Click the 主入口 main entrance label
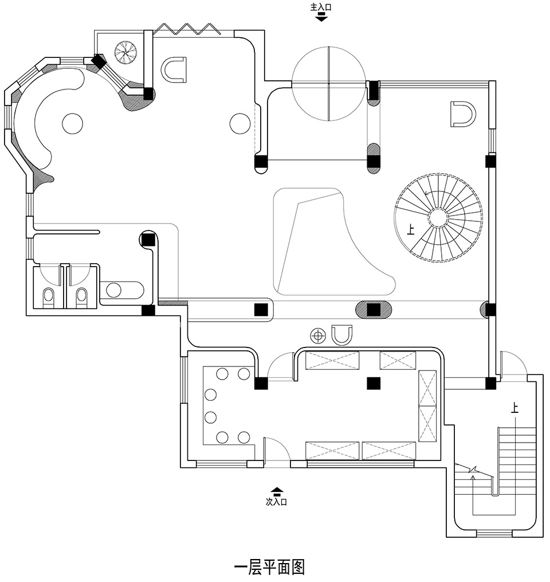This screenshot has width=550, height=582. [321, 7]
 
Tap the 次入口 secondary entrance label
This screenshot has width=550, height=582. [276, 502]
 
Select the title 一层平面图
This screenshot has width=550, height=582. [270, 567]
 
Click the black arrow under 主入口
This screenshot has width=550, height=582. [321, 17]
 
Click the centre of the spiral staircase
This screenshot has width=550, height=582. [439, 218]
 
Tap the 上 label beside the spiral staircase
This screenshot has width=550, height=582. [410, 231]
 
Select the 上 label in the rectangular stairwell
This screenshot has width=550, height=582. [514, 408]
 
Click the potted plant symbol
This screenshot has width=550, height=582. [125, 53]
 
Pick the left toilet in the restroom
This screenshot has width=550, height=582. [49, 296]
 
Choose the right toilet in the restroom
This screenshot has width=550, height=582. [82, 296]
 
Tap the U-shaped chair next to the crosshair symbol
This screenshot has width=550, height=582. [342, 334]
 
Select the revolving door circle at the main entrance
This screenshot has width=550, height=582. [328, 84]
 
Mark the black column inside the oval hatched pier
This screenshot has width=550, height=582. [374, 310]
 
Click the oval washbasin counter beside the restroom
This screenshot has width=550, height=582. [121, 290]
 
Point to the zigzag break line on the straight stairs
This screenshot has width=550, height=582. [473, 472]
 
